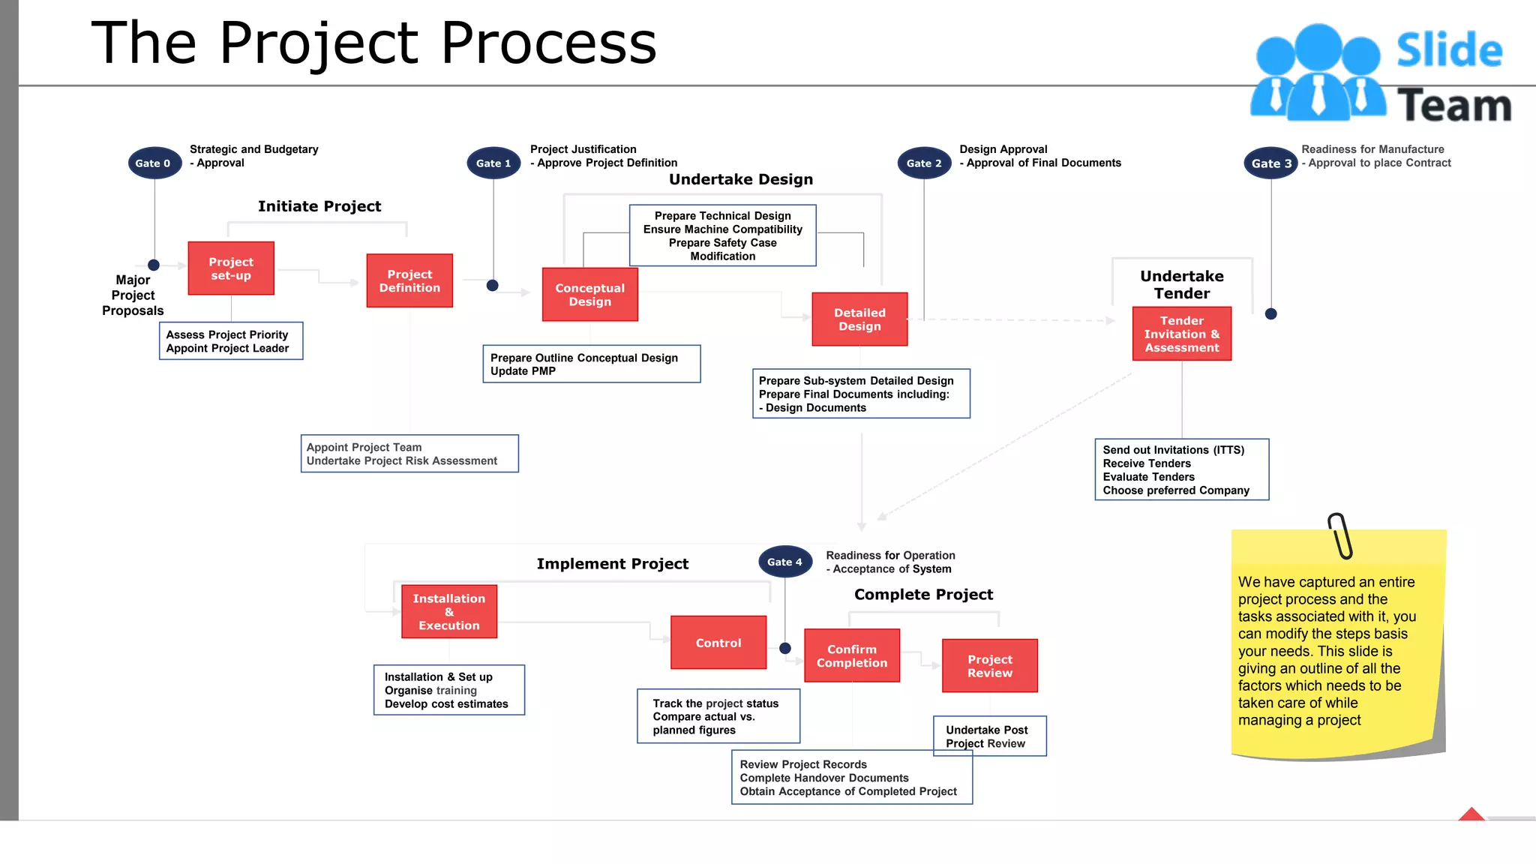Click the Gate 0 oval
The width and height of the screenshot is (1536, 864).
(x=154, y=163)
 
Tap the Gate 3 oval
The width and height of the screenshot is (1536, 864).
(x=1270, y=163)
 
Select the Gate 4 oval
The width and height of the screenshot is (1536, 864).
(x=784, y=562)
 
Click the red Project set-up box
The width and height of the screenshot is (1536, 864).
(x=231, y=268)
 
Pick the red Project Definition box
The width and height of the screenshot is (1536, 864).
(x=409, y=280)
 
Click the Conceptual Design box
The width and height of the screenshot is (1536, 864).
(x=589, y=295)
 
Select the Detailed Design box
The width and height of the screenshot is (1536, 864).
(x=859, y=319)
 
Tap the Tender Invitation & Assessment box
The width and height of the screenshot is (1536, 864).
(x=1181, y=334)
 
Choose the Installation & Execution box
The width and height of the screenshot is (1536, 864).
(x=448, y=611)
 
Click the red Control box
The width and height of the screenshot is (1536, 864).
(x=718, y=643)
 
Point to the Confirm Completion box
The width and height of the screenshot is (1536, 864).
(x=851, y=655)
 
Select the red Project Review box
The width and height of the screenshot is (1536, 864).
(x=989, y=666)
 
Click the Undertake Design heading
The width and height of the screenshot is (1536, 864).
(x=740, y=179)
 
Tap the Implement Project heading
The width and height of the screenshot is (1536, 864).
(x=612, y=564)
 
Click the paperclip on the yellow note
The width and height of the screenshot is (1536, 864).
(x=1340, y=535)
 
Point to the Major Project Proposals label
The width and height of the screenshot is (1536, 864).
(x=133, y=295)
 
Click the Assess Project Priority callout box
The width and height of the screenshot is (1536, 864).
(x=231, y=341)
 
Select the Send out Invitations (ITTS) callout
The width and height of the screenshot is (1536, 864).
(x=1181, y=469)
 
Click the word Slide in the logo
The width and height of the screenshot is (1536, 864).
(x=1448, y=50)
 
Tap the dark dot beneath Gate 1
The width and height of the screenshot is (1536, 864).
(x=492, y=285)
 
